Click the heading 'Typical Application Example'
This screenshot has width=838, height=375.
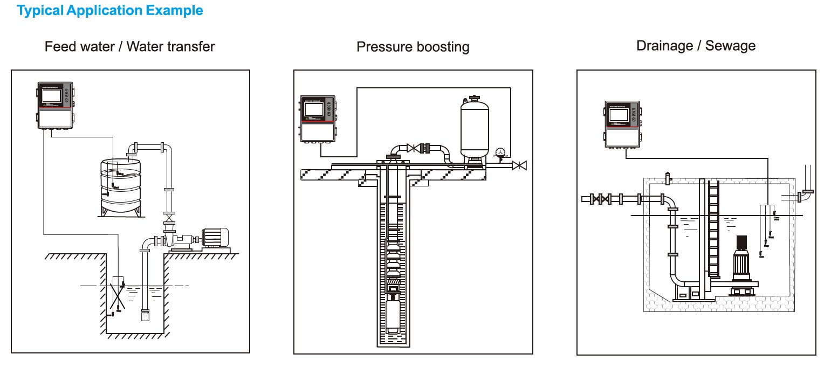click(x=111, y=10)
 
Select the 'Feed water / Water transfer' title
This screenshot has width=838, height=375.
click(x=129, y=47)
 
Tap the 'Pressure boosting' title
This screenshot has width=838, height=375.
click(x=413, y=47)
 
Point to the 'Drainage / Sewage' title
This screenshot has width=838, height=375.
click(x=696, y=46)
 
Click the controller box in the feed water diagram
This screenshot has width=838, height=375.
click(x=55, y=105)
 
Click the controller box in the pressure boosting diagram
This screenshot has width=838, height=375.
click(x=318, y=119)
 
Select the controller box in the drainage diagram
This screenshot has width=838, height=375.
click(x=623, y=124)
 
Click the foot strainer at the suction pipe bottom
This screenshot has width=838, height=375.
click(x=145, y=315)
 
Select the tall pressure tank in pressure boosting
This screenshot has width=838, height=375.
click(x=475, y=129)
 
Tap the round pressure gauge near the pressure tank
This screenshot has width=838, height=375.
click(x=501, y=152)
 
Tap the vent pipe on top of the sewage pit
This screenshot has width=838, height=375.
click(x=669, y=177)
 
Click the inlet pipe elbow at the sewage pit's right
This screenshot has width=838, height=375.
click(x=805, y=195)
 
